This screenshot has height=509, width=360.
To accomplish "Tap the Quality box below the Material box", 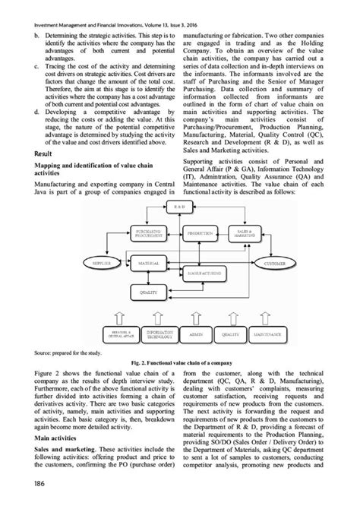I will pos(150,292).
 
